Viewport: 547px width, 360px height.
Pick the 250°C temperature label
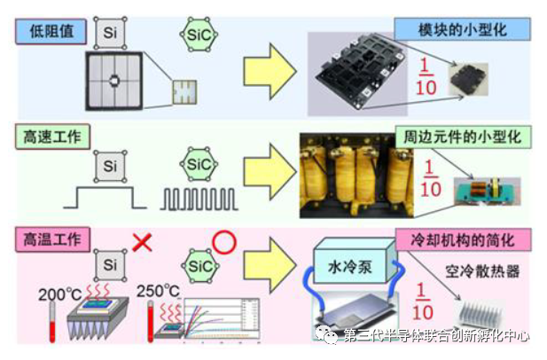(x=160, y=289)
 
